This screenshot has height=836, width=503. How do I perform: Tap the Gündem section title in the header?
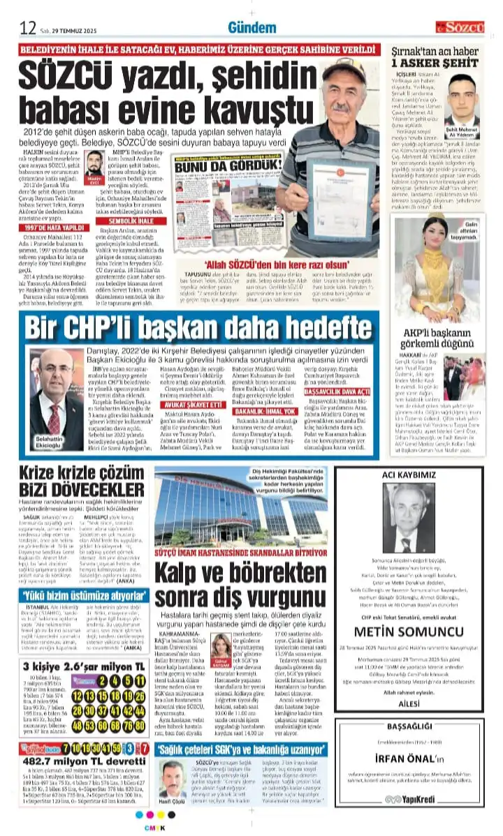pos(252,27)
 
